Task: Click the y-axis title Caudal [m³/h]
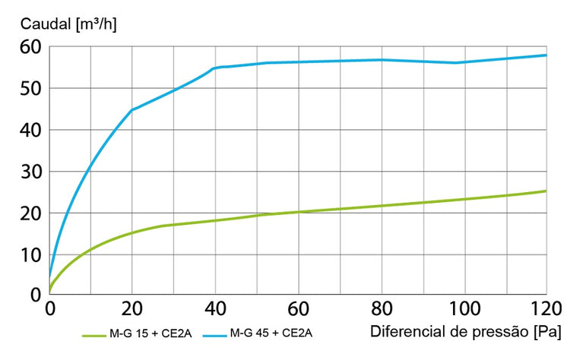(68, 23)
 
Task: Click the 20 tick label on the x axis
(131, 309)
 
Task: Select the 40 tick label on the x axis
(215, 309)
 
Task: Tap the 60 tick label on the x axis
(298, 309)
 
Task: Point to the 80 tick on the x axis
(381, 309)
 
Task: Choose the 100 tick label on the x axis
(463, 309)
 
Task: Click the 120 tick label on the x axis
(545, 309)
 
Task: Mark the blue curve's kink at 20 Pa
(132, 110)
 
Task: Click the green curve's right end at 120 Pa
(546, 191)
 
